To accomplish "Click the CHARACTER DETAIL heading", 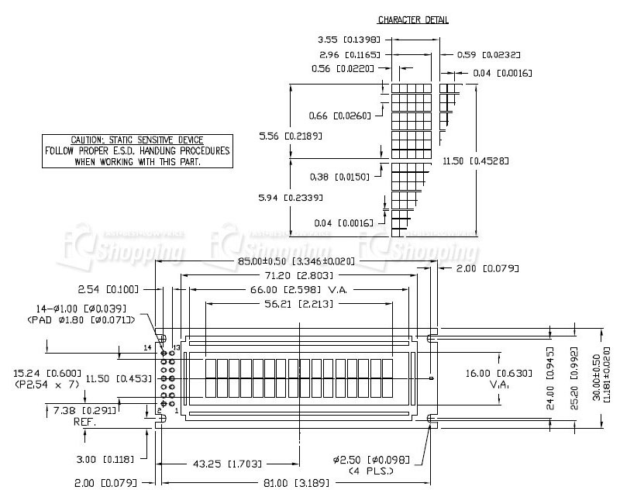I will tap(412, 19).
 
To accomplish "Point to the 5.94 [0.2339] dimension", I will tap(287, 198).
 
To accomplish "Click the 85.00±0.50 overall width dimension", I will tap(296, 261).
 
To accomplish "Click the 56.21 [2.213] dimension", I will tap(298, 304).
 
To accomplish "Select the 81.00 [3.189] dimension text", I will tap(298, 483).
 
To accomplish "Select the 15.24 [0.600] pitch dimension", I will tap(46, 373).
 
